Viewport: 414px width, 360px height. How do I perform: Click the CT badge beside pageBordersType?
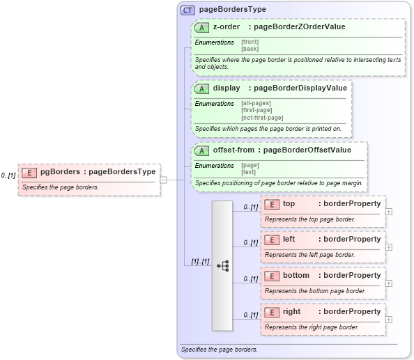tap(187, 10)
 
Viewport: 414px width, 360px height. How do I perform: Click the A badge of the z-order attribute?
tap(202, 27)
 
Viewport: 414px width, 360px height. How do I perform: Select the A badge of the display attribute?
tap(202, 88)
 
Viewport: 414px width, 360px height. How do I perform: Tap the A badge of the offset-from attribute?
tap(202, 150)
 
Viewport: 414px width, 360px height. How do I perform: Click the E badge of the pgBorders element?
tap(29, 172)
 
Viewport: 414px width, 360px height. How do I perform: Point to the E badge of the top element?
tap(272, 204)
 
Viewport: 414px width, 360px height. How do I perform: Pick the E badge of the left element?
tap(272, 240)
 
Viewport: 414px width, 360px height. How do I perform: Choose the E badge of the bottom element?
tap(272, 276)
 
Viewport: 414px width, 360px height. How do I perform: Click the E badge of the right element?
tap(272, 312)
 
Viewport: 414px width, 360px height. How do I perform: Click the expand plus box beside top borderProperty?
tap(389, 211)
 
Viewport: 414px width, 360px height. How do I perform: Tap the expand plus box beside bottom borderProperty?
tap(389, 283)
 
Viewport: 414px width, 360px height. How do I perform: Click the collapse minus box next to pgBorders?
tap(163, 179)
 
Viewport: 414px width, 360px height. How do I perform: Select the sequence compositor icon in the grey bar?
tap(223, 265)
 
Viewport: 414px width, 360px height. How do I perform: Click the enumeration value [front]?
tap(250, 42)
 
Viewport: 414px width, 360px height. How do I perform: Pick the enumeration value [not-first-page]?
tap(262, 117)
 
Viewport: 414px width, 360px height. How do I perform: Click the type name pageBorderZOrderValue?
tap(300, 27)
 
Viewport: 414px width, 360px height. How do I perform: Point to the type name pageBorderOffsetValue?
tap(307, 150)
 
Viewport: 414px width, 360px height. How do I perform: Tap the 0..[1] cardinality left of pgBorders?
tap(8, 175)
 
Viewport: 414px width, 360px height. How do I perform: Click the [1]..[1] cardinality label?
tap(200, 261)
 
